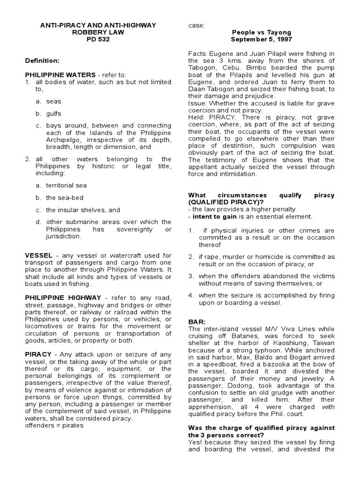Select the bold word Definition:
click(x=42, y=61)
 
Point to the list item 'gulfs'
click(x=53, y=113)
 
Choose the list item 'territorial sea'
click(x=66, y=186)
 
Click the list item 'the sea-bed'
click(x=64, y=198)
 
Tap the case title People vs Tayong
click(x=262, y=32)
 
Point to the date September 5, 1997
click(x=262, y=39)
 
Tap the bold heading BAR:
click(x=195, y=322)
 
